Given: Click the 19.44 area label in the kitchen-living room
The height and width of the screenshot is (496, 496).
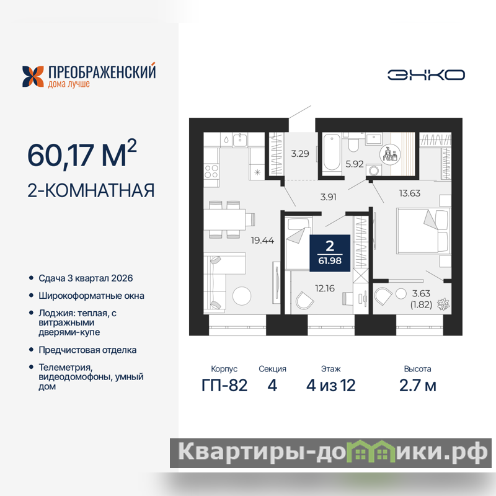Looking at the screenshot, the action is [262, 241].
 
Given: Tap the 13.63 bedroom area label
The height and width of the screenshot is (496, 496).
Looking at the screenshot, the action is [410, 193].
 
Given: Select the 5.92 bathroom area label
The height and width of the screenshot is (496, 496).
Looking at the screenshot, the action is [354, 164].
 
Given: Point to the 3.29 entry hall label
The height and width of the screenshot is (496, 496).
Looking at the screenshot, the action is [300, 154].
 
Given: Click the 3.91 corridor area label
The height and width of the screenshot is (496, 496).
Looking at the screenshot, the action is [328, 197].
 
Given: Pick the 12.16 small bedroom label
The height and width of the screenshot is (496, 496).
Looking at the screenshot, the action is [324, 288].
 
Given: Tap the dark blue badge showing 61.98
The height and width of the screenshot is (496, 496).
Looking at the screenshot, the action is [330, 253].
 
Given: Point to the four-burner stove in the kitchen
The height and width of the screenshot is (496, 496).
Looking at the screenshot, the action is [211, 172].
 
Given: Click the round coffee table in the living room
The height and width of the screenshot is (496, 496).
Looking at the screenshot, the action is [242, 296].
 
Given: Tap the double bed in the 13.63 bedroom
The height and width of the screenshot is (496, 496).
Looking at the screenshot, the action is [423, 231].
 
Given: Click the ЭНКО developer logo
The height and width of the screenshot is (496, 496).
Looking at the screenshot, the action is [426, 75].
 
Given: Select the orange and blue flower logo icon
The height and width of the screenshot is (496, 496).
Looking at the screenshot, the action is [33, 76].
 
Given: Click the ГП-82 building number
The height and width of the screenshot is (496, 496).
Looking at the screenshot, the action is [224, 385].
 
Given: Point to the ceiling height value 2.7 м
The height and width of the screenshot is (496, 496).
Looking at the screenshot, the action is [417, 385].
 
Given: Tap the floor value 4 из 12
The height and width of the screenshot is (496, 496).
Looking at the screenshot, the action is [330, 385].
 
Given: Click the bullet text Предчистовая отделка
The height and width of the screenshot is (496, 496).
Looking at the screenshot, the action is [87, 350].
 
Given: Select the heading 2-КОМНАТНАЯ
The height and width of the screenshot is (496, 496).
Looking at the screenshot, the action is [91, 190].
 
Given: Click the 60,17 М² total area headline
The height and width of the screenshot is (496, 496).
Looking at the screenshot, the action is [82, 154].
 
